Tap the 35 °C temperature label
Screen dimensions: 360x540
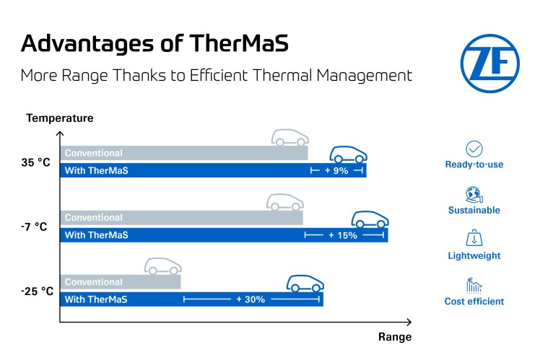tap(35, 162)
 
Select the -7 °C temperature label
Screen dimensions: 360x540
tap(34, 227)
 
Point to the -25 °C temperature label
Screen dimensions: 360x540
tap(37, 291)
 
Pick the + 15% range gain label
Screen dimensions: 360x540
tap(343, 235)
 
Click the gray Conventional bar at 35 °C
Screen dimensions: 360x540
tap(184, 153)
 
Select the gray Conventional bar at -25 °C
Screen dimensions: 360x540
tap(120, 282)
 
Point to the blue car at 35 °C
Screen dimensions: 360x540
tap(349, 154)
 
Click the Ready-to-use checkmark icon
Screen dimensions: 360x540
tap(474, 149)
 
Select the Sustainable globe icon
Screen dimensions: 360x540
tap(474, 194)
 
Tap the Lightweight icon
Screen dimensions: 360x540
tap(474, 239)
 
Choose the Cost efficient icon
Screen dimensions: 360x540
tap(474, 285)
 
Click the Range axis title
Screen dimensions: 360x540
tap(394, 337)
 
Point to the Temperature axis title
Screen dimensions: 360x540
tap(60, 118)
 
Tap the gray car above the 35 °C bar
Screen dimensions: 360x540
tap(290, 137)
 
